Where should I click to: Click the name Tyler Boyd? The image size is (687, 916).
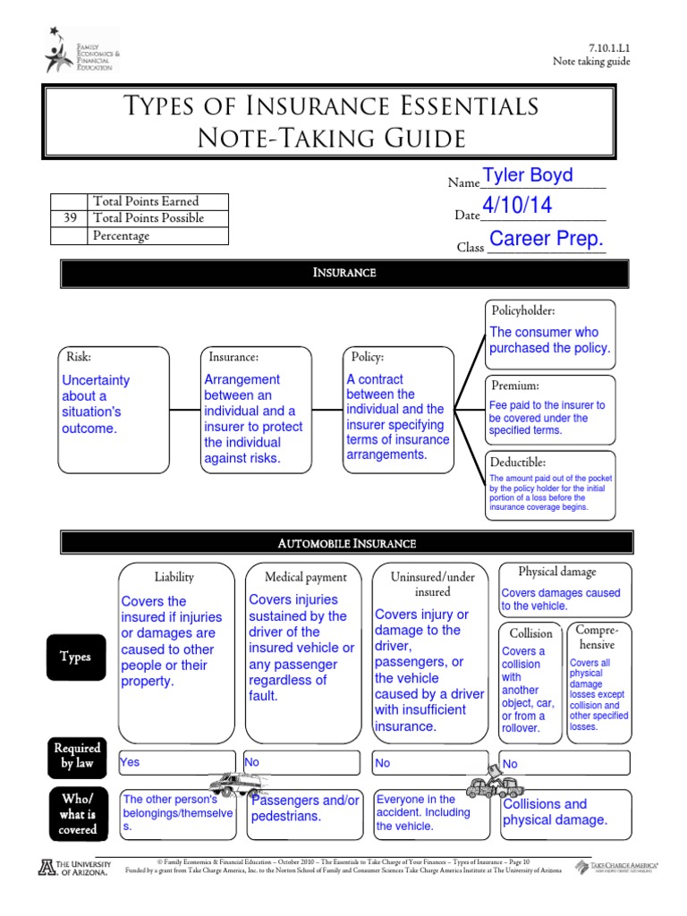tap(528, 176)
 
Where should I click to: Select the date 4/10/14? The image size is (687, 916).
tap(517, 207)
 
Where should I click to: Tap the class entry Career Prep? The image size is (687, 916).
tap(547, 239)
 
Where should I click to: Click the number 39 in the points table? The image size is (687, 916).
tap(70, 218)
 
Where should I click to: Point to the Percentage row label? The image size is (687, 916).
tap(121, 236)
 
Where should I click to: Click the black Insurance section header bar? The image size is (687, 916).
tap(343, 273)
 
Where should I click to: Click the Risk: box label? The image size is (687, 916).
tap(73, 356)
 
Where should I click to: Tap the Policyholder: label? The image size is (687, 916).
tap(523, 311)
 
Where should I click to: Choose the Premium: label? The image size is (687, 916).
tap(514, 386)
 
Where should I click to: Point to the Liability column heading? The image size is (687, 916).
tap(174, 577)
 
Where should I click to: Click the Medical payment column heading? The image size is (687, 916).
tap(306, 578)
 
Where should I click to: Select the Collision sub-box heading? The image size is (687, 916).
tap(530, 632)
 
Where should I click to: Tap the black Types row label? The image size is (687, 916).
tap(75, 657)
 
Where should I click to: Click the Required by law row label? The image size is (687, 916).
tap(77, 755)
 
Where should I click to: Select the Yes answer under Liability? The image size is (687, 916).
tap(131, 762)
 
